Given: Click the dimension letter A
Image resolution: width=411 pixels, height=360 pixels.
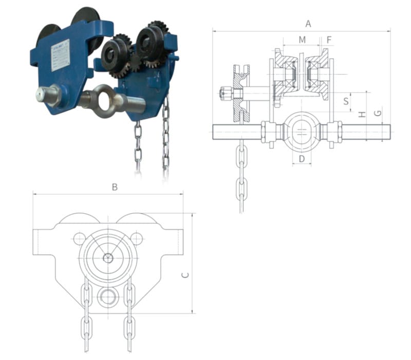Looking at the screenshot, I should pyautogui.click(x=308, y=24).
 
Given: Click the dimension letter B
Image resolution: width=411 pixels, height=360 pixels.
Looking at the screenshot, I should pyautogui.click(x=115, y=187).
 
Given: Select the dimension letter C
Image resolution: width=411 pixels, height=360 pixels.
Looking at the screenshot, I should pyautogui.click(x=185, y=275).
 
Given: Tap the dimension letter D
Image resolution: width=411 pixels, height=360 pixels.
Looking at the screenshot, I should pyautogui.click(x=302, y=159).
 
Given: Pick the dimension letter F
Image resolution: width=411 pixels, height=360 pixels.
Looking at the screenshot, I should pyautogui.click(x=329, y=40).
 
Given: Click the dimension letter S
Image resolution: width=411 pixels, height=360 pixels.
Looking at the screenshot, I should pyautogui.click(x=346, y=101).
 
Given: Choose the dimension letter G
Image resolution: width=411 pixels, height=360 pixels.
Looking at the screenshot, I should pyautogui.click(x=378, y=113).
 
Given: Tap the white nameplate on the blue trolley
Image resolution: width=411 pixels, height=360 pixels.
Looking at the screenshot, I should pyautogui.click(x=62, y=55).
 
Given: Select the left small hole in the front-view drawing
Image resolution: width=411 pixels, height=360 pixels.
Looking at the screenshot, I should pyautogui.click(x=79, y=239).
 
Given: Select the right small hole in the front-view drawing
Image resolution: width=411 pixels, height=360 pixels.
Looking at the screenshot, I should pyautogui.click(x=136, y=238).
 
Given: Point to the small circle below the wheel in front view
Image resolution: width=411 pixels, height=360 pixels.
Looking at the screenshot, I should pyautogui.click(x=107, y=297).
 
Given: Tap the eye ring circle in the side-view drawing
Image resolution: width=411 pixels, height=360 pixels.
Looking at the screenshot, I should pyautogui.click(x=302, y=130).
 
